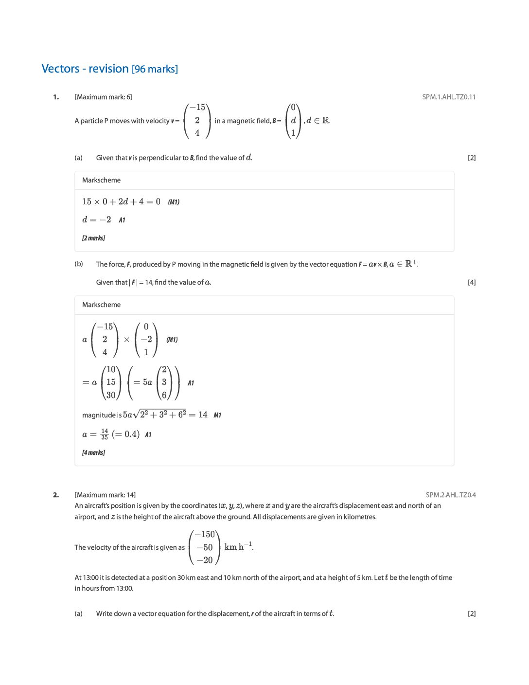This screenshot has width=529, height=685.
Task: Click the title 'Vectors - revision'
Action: [x=85, y=69]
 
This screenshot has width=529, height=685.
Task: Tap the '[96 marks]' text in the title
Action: [x=155, y=69]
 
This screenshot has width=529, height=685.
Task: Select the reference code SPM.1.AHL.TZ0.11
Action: [x=449, y=97]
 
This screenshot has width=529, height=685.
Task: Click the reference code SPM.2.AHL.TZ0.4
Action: [x=451, y=495]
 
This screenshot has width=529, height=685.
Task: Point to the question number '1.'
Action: [x=56, y=97]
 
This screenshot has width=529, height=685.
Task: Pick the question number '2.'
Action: [x=56, y=495]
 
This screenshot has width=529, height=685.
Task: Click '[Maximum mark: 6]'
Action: [x=103, y=97]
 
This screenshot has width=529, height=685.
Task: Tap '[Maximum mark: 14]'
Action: [x=105, y=495]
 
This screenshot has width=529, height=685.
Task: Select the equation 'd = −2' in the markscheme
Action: [x=97, y=219]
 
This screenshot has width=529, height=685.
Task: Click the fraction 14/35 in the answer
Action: [x=105, y=434]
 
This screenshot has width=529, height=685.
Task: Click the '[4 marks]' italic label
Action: [x=93, y=452]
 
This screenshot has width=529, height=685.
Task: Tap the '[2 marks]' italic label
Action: [x=93, y=238]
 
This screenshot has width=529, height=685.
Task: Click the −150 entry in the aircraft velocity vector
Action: [x=205, y=534]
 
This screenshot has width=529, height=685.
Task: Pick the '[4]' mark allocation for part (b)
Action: [x=471, y=282]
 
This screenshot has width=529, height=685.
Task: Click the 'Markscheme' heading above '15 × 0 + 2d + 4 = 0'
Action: [x=101, y=180]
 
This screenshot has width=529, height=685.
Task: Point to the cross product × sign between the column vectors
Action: [x=126, y=340]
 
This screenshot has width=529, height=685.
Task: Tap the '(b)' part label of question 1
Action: [x=79, y=264]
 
